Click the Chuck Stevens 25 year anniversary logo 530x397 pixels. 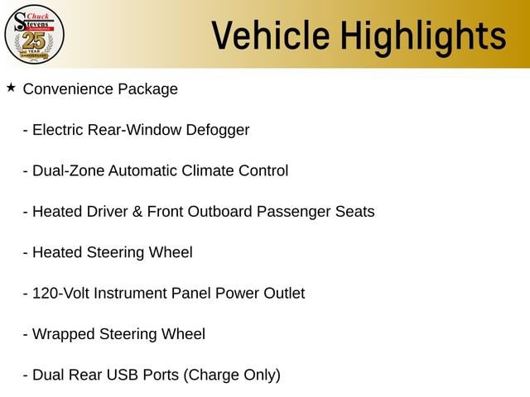[x=34, y=34]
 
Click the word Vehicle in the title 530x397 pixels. [x=271, y=35]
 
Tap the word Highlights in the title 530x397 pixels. [x=423, y=37]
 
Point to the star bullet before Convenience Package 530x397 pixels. [x=11, y=88]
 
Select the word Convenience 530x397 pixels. [x=68, y=89]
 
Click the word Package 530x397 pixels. [x=147, y=90]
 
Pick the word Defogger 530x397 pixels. [x=218, y=131]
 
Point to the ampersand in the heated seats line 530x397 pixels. [x=137, y=212]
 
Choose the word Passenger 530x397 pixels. [x=293, y=213]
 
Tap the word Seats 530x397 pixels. [x=355, y=212]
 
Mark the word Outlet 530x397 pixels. [x=284, y=294]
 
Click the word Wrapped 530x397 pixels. [x=64, y=335]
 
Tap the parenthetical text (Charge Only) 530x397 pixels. [x=232, y=375]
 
